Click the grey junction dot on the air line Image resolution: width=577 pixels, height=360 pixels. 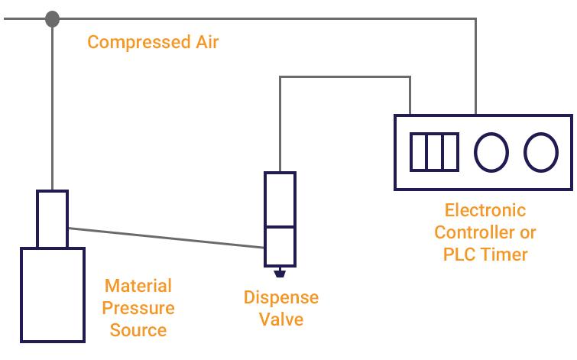[x=52, y=19]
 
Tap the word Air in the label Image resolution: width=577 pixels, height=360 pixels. [x=203, y=41]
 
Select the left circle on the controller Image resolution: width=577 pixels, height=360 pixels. [x=491, y=151]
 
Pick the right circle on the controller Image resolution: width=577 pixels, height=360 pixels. [x=541, y=151]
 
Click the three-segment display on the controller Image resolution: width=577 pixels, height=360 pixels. [x=434, y=151]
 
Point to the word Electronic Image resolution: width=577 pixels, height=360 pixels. [x=485, y=209]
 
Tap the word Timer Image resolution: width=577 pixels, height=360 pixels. [x=504, y=255]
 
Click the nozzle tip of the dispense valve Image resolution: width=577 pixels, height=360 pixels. [x=280, y=271]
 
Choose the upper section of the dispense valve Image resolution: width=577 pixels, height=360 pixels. [x=280, y=199]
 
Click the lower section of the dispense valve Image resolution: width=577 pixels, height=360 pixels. [x=280, y=245]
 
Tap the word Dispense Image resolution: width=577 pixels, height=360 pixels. [x=281, y=297]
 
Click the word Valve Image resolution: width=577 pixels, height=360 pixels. [x=281, y=319]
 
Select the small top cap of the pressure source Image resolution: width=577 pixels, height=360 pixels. [x=52, y=219]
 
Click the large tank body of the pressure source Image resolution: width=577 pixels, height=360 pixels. [x=52, y=294]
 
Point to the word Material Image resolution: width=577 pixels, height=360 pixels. [x=138, y=286]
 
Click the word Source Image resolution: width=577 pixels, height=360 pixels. [x=138, y=331]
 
